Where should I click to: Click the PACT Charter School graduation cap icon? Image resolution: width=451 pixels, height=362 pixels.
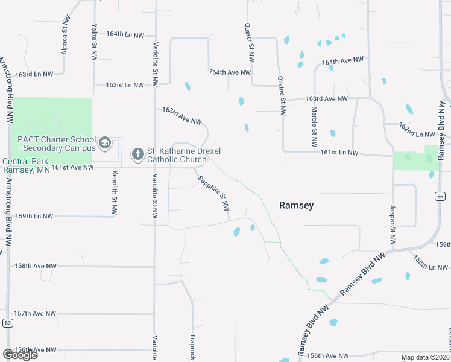(105, 143)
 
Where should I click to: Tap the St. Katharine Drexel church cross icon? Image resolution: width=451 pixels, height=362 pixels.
(137, 154)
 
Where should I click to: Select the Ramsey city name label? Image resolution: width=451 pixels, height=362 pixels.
(296, 205)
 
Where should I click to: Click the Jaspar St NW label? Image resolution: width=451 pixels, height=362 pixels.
(393, 227)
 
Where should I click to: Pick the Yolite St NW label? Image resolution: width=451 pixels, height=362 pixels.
(94, 42)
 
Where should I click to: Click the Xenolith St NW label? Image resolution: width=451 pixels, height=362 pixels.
(113, 192)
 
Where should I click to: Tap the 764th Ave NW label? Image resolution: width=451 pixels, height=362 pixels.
(230, 72)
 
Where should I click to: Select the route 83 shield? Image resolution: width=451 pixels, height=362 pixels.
(7, 323)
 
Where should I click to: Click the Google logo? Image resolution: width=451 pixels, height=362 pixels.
(20, 355)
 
